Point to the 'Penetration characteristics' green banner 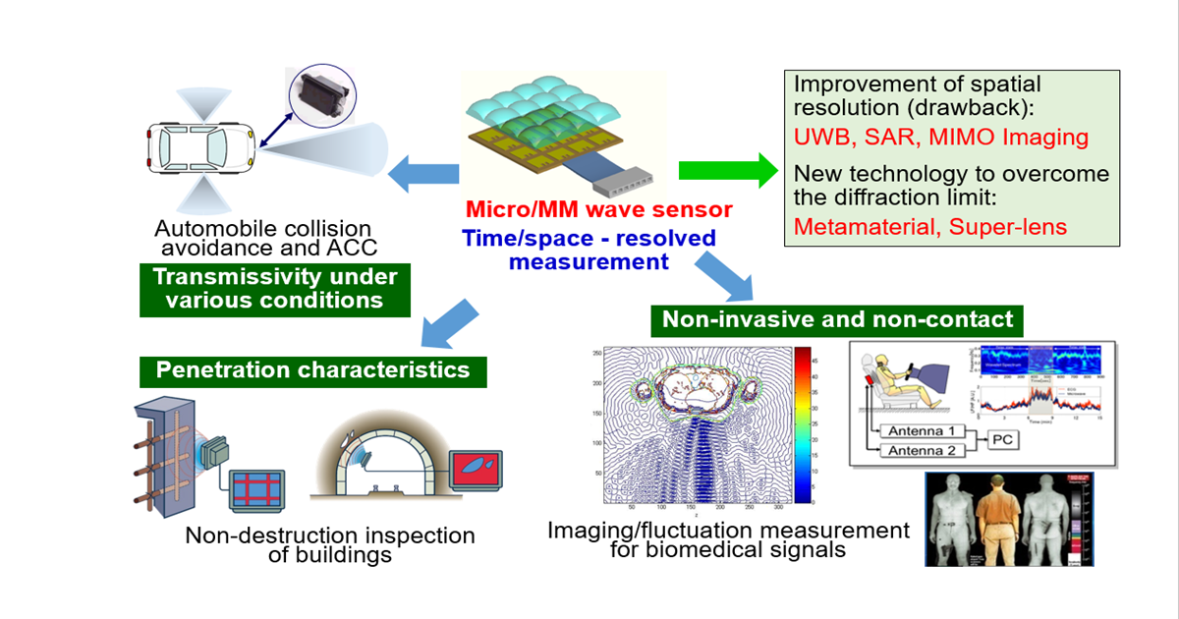point(312,370)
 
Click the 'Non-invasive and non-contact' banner point(837,319)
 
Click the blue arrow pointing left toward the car point(424,175)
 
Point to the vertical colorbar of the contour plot point(802,424)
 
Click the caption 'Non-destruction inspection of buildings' point(330,545)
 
